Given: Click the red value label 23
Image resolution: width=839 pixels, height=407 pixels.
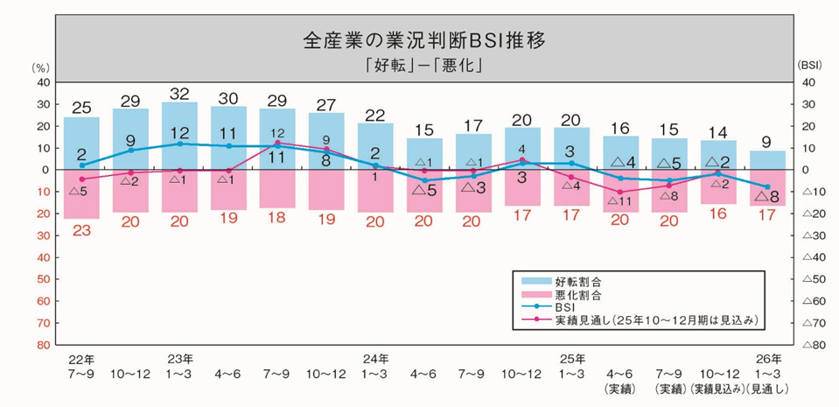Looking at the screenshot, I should (x=81, y=231).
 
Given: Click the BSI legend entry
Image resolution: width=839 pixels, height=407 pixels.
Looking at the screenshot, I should (x=567, y=307).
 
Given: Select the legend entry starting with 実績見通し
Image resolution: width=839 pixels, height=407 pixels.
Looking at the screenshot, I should (x=656, y=321).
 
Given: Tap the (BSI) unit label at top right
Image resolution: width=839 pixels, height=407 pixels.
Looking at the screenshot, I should (x=807, y=67).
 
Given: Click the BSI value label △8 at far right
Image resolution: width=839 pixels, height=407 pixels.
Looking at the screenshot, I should (x=767, y=197).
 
